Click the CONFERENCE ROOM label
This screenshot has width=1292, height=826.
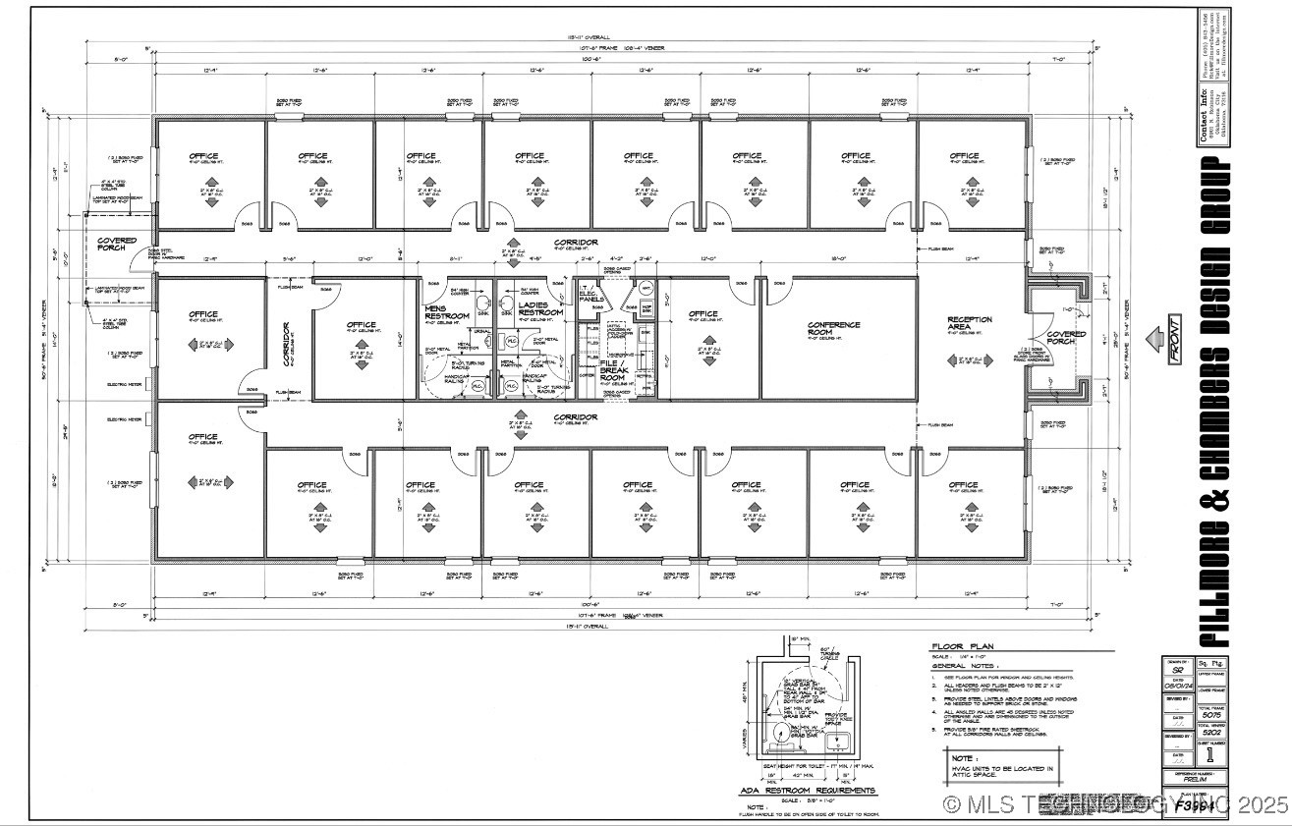(833, 330)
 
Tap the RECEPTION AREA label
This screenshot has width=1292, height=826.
(969, 324)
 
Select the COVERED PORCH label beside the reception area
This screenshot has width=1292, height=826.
(1065, 339)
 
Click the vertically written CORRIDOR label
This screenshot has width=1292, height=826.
(288, 344)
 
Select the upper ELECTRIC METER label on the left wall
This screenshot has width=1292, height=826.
(125, 384)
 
